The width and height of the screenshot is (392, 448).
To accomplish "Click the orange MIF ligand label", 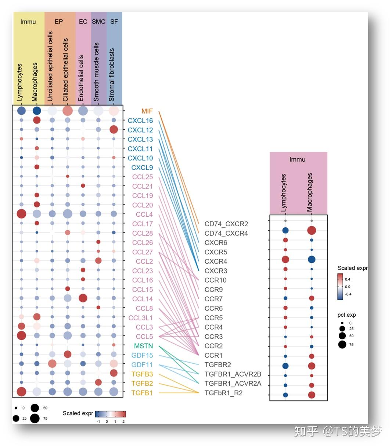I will (x=147, y=111).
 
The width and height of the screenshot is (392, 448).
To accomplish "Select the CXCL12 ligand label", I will (x=140, y=130).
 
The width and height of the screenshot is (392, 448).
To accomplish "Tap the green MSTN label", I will (x=143, y=346).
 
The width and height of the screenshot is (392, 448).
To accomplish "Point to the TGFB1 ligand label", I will (x=142, y=393).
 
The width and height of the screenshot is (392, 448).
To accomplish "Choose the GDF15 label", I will (x=142, y=355).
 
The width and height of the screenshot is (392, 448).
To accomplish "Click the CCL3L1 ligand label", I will (x=140, y=318).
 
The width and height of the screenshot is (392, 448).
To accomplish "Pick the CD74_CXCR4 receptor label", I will (x=226, y=233).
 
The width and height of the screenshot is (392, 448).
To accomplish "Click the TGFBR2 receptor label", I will (x=217, y=364).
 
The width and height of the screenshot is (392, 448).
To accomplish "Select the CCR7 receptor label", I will (x=213, y=299).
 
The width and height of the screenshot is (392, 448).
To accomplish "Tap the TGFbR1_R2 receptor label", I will (x=223, y=393).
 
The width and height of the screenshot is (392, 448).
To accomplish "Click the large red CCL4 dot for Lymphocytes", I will (x=21, y=214).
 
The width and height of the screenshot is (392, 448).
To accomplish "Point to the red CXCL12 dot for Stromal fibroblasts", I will (x=114, y=129).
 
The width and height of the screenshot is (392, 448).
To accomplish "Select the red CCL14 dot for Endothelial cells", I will (x=83, y=298).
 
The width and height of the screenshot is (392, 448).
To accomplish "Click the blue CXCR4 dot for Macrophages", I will (x=312, y=260).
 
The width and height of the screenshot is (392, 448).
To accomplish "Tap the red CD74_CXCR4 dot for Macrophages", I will (x=312, y=231).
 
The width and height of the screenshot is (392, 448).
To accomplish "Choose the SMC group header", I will (x=98, y=22).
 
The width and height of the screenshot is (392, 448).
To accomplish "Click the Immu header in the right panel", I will (x=297, y=159).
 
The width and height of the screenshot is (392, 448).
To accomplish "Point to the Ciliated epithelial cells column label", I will (x=66, y=70).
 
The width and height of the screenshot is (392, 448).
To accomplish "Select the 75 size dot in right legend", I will (x=342, y=344).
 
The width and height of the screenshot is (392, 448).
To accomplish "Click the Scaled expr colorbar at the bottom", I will (x=111, y=414).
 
